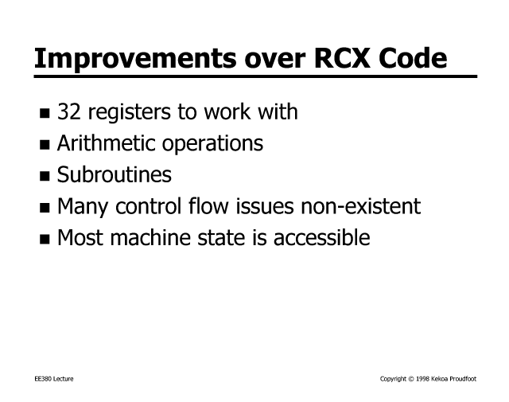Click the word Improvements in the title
click(135, 58)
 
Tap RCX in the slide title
click(342, 58)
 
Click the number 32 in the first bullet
click(69, 111)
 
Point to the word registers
click(129, 112)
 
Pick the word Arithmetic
click(106, 143)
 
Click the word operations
click(212, 143)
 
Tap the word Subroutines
click(115, 174)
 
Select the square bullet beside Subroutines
click(45, 176)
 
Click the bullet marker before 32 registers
click(45, 113)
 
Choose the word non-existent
click(360, 206)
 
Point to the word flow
click(208, 205)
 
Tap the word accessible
click(321, 237)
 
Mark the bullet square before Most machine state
click(45, 239)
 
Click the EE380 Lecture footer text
click(54, 379)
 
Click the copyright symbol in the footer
click(411, 379)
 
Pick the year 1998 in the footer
click(422, 379)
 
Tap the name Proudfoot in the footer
click(463, 379)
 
